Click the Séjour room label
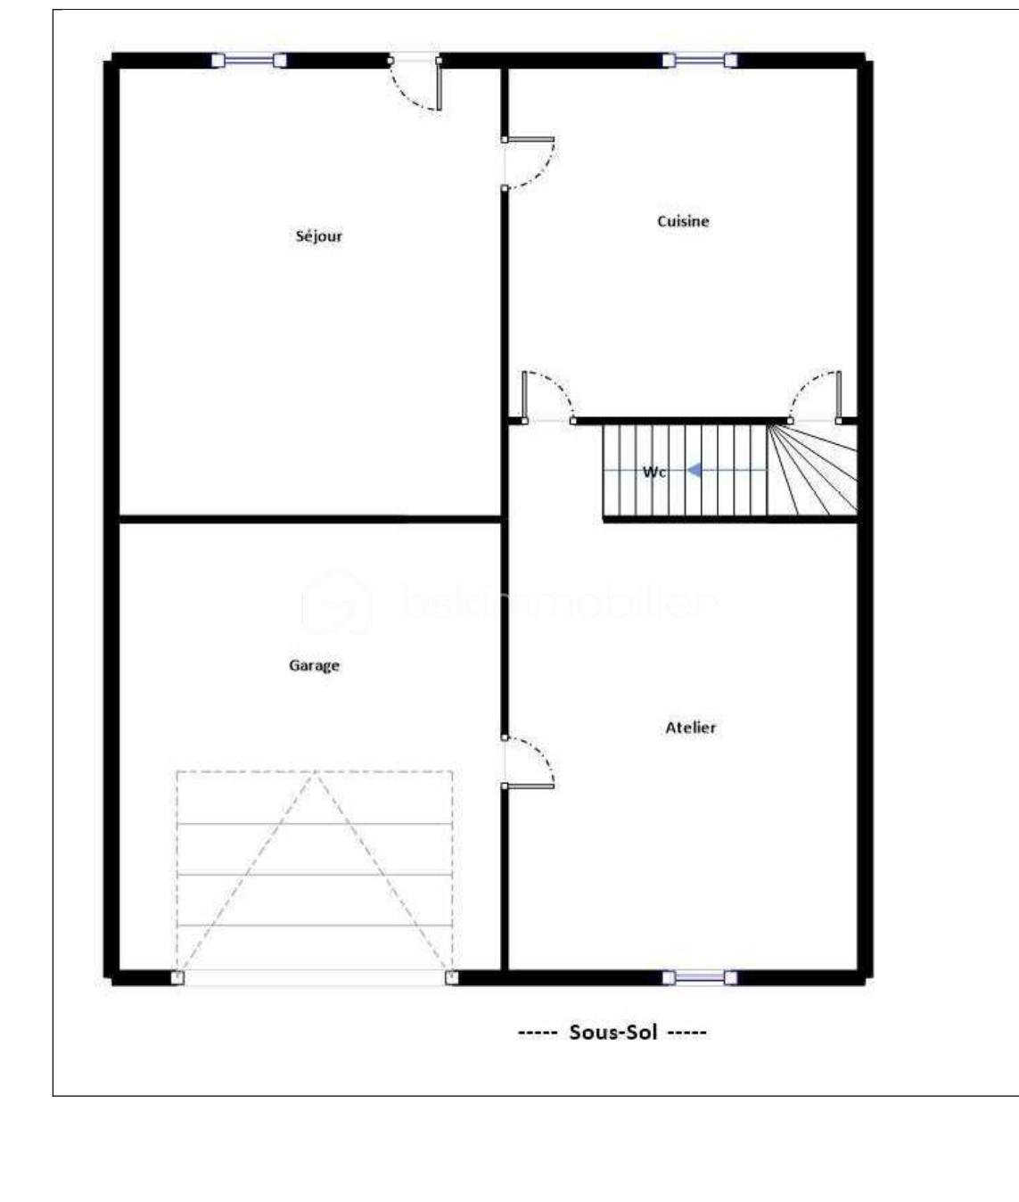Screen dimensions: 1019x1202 tap(318, 236)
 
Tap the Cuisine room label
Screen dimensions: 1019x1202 tap(683, 221)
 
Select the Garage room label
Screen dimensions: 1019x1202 tap(314, 665)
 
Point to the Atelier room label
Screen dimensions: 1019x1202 tap(691, 728)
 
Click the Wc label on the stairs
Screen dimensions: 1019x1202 tap(654, 473)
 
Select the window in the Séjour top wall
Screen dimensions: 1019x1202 tap(249, 61)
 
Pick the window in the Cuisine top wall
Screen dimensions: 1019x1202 tap(700, 61)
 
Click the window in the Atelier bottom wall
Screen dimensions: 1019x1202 tap(700, 977)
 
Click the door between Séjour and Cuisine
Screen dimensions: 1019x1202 tap(528, 163)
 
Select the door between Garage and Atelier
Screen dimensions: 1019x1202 tap(528, 762)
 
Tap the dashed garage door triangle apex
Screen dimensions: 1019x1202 tap(315, 772)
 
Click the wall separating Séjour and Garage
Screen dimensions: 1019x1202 tap(310, 519)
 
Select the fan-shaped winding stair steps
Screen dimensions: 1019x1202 tap(813, 470)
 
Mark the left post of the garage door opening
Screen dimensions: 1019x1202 tap(177, 977)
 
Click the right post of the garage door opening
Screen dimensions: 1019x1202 tap(452, 977)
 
